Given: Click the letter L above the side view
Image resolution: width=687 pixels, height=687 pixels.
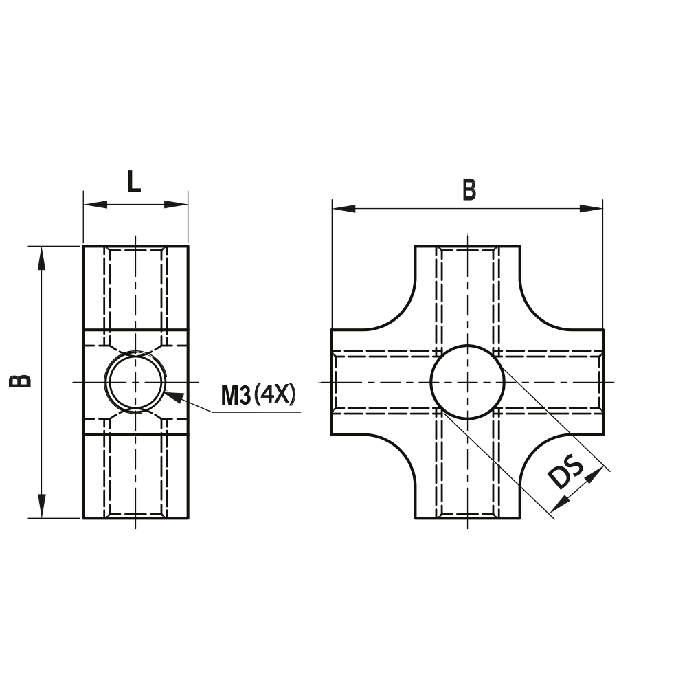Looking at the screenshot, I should pyautogui.click(x=134, y=182).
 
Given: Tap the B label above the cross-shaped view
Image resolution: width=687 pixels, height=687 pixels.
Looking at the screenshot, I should pyautogui.click(x=469, y=190).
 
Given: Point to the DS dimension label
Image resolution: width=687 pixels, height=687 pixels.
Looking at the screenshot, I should pyautogui.click(x=567, y=475).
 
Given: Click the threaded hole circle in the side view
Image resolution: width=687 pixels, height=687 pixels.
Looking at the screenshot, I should pyautogui.click(x=135, y=381).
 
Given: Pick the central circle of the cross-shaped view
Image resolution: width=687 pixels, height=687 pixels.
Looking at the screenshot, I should pyautogui.click(x=467, y=381).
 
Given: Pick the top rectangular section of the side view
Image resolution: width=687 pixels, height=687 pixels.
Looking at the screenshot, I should pyautogui.click(x=135, y=287).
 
